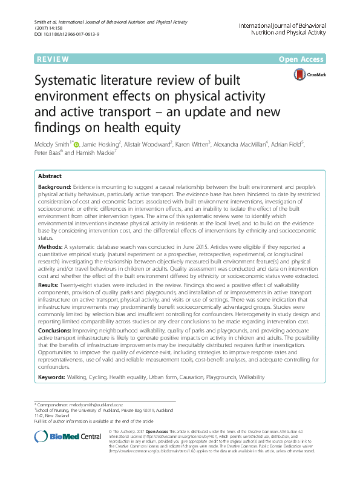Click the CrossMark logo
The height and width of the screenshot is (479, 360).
coord(308,74)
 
